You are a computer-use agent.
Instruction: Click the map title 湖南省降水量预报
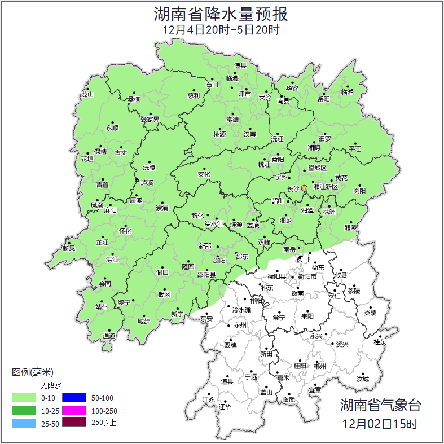click(x=222, y=13)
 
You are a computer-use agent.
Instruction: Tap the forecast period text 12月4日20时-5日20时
click(x=221, y=30)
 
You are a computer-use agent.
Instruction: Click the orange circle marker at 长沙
click(x=305, y=188)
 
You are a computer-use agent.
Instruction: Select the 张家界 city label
click(x=150, y=120)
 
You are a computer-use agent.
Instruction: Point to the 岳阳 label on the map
click(x=324, y=99)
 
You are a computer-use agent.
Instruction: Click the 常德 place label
click(x=232, y=120)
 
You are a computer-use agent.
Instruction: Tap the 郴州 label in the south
click(x=319, y=366)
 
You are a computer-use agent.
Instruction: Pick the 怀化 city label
click(x=125, y=231)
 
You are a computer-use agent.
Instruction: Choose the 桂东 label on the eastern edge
click(x=380, y=342)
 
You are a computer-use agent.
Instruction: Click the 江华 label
click(x=225, y=406)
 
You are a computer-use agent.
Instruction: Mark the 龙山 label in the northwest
click(x=87, y=94)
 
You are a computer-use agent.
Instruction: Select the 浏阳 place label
click(x=359, y=191)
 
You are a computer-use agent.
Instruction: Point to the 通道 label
click(x=109, y=336)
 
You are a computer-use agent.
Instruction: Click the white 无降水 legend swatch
click(x=24, y=386)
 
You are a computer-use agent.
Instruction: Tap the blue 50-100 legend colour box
click(x=74, y=398)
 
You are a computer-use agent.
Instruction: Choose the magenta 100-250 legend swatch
click(x=74, y=410)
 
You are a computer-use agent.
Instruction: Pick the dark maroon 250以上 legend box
click(x=74, y=422)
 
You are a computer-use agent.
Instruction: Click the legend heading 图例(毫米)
click(x=33, y=372)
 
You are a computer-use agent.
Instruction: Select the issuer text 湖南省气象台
click(x=380, y=405)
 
